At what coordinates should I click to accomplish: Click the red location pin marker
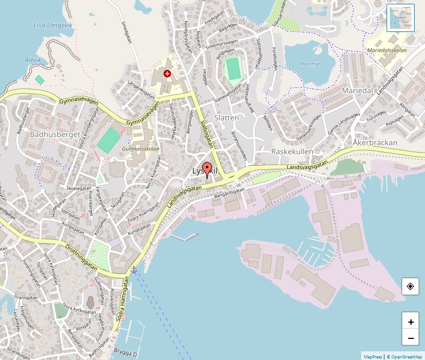point(206,169)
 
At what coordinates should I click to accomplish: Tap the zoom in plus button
point(410,322)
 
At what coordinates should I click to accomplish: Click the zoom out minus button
point(410,338)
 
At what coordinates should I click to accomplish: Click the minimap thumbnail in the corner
point(401,18)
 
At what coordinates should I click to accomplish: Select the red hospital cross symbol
point(167,73)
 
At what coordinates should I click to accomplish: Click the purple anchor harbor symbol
point(134,269)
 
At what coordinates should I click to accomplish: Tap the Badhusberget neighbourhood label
point(55,134)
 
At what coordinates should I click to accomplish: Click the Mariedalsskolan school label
point(387,50)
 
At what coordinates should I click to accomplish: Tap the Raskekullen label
point(292,152)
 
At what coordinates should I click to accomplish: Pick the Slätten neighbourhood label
point(226,117)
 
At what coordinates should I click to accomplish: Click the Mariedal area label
point(357,91)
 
